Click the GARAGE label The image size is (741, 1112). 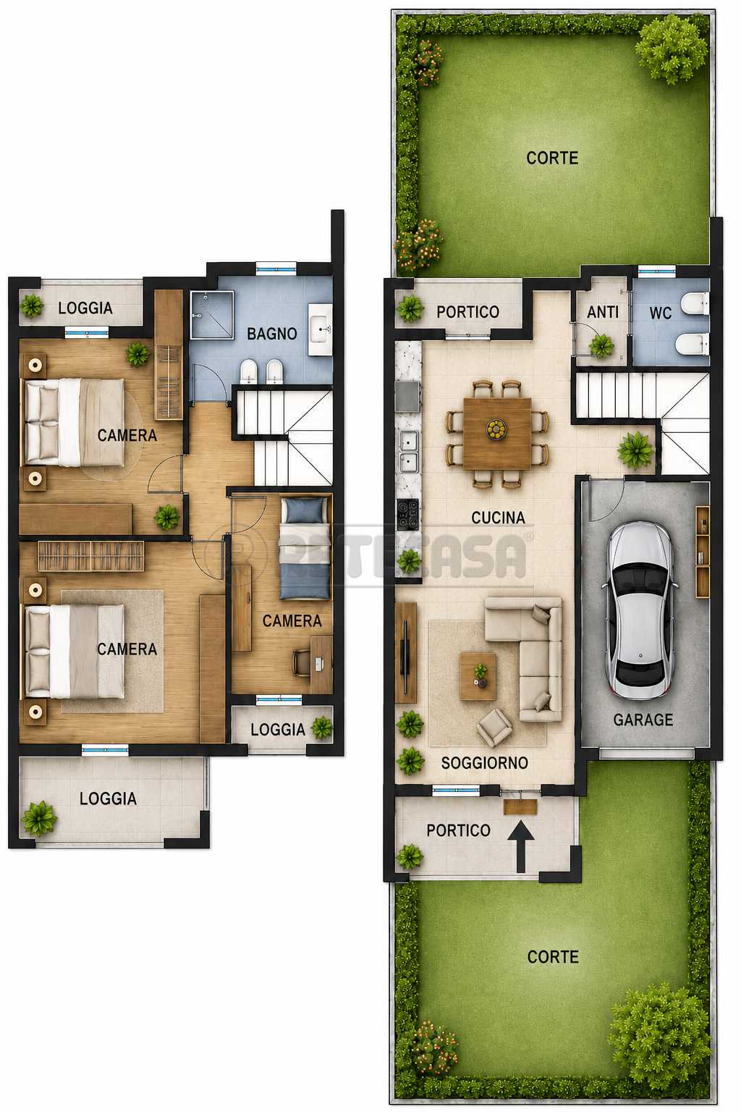(643, 720)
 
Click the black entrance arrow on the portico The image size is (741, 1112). (520, 846)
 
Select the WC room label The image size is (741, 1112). (660, 313)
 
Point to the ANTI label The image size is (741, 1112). (603, 312)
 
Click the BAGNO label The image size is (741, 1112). (272, 334)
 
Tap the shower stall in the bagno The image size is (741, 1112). (212, 315)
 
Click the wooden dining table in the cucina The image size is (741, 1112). (497, 433)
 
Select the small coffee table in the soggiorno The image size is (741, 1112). (478, 676)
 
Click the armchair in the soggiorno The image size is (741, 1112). (494, 727)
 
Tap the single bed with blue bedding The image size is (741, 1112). (305, 549)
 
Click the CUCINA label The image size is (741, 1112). (498, 518)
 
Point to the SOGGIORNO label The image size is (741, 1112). (484, 762)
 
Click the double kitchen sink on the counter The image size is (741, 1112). (408, 452)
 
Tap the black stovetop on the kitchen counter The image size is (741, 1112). (407, 514)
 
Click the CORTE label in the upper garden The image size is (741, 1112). (552, 159)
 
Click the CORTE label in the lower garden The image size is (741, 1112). (553, 956)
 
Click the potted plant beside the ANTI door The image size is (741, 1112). (601, 345)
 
